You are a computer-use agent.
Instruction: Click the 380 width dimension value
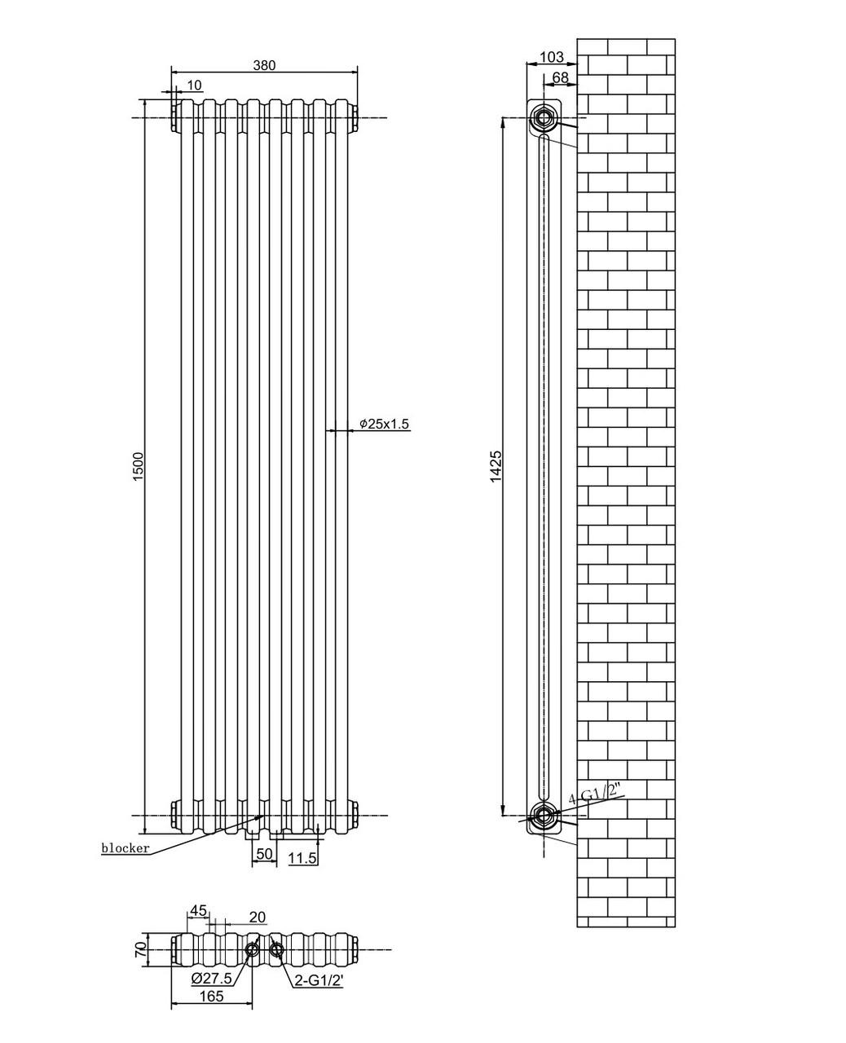264,66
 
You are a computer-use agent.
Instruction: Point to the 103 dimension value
552,57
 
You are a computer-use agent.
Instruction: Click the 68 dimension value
561,77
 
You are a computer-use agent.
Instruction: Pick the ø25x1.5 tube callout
384,424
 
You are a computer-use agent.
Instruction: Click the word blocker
126,848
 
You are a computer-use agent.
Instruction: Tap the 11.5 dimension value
302,858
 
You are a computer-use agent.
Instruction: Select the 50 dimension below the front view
264,854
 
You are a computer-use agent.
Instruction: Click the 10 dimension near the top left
194,86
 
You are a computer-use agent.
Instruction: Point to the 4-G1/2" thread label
596,795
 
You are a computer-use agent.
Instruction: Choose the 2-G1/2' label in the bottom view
319,981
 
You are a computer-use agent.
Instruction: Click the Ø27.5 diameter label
212,978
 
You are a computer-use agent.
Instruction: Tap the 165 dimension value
210,996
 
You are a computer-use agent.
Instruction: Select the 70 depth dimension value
139,949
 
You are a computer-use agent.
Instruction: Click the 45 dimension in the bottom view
198,911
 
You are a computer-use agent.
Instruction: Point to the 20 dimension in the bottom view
257,918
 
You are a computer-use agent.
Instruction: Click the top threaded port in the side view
542,118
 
